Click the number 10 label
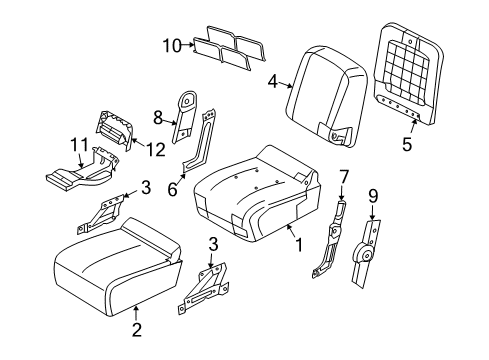(169, 43)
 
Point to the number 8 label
(158, 119)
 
